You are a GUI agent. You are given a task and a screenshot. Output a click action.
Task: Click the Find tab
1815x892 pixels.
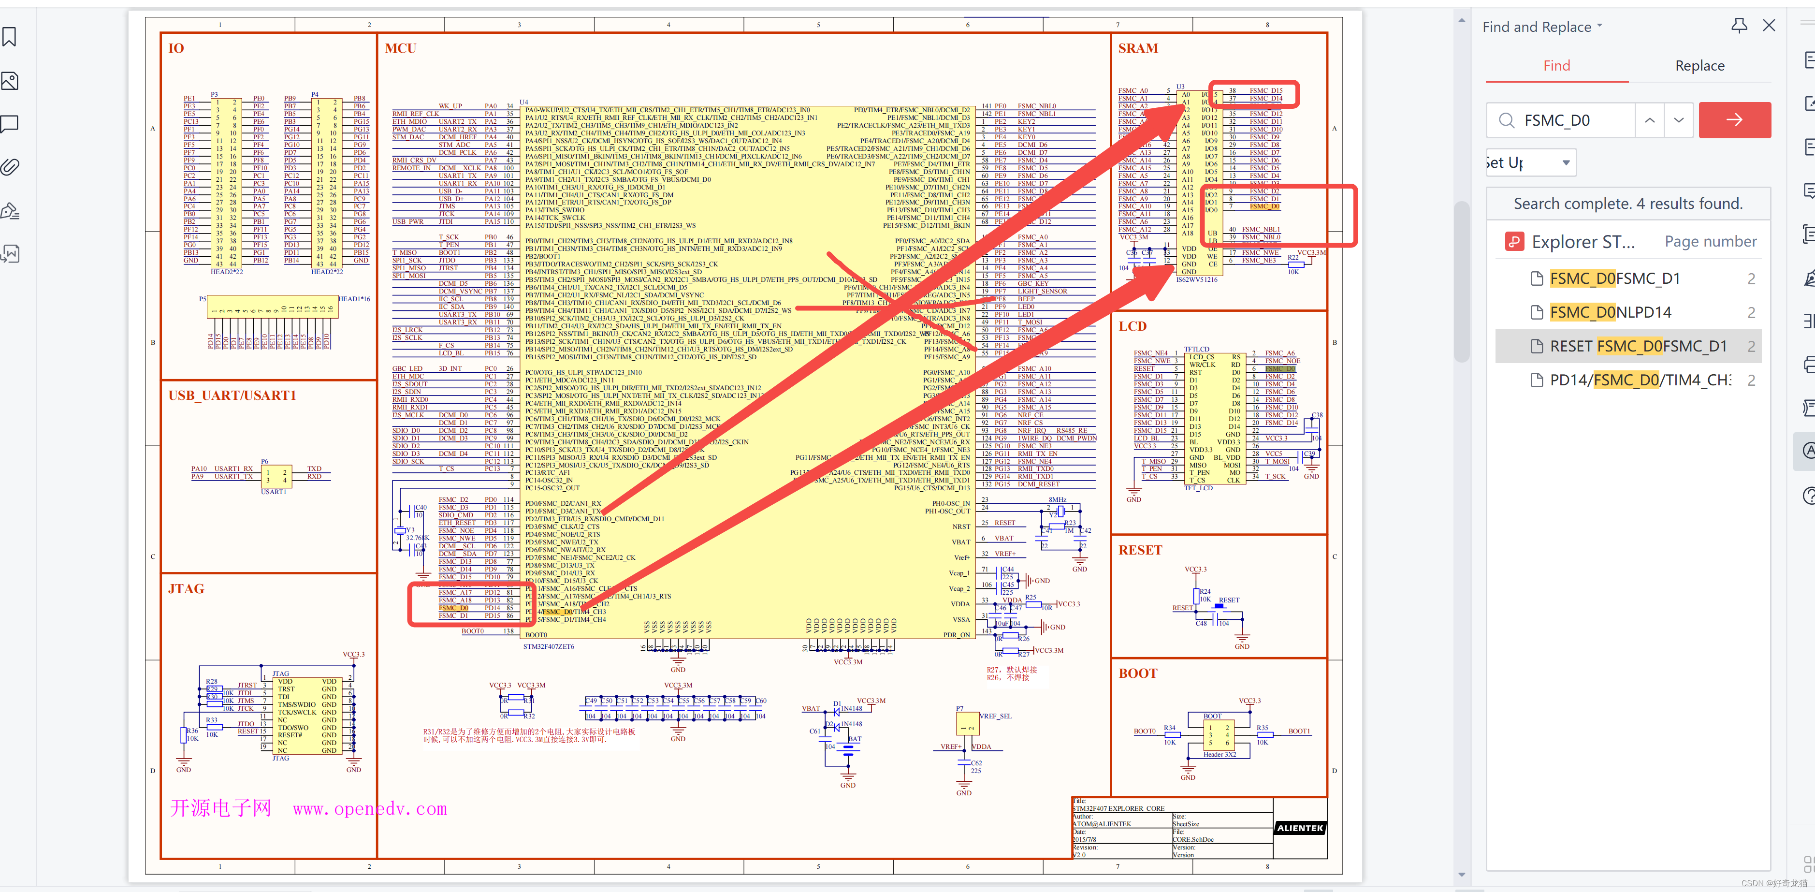pyautogui.click(x=1556, y=66)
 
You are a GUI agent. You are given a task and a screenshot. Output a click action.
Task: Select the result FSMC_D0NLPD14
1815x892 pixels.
pyautogui.click(x=1610, y=312)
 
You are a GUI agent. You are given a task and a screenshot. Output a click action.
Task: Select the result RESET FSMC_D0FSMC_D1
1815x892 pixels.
pyautogui.click(x=1638, y=346)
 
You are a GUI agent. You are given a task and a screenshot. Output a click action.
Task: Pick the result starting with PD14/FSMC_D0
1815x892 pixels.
pyautogui.click(x=1640, y=380)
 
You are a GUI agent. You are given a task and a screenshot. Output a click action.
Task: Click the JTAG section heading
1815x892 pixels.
pyautogui.click(x=186, y=589)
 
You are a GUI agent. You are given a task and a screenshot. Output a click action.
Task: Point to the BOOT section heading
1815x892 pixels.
pyautogui.click(x=1138, y=673)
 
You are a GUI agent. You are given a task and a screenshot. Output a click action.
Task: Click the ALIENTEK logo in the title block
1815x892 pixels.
pyautogui.click(x=1300, y=828)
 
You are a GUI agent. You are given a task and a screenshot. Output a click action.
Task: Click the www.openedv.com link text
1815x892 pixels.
pyautogui.click(x=370, y=809)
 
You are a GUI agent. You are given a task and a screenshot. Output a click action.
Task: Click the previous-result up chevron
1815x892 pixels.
pyautogui.click(x=1649, y=120)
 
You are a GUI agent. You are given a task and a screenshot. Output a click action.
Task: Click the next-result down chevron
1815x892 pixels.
pyautogui.click(x=1679, y=120)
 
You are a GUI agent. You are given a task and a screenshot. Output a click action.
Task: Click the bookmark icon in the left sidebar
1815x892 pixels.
pyautogui.click(x=10, y=37)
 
